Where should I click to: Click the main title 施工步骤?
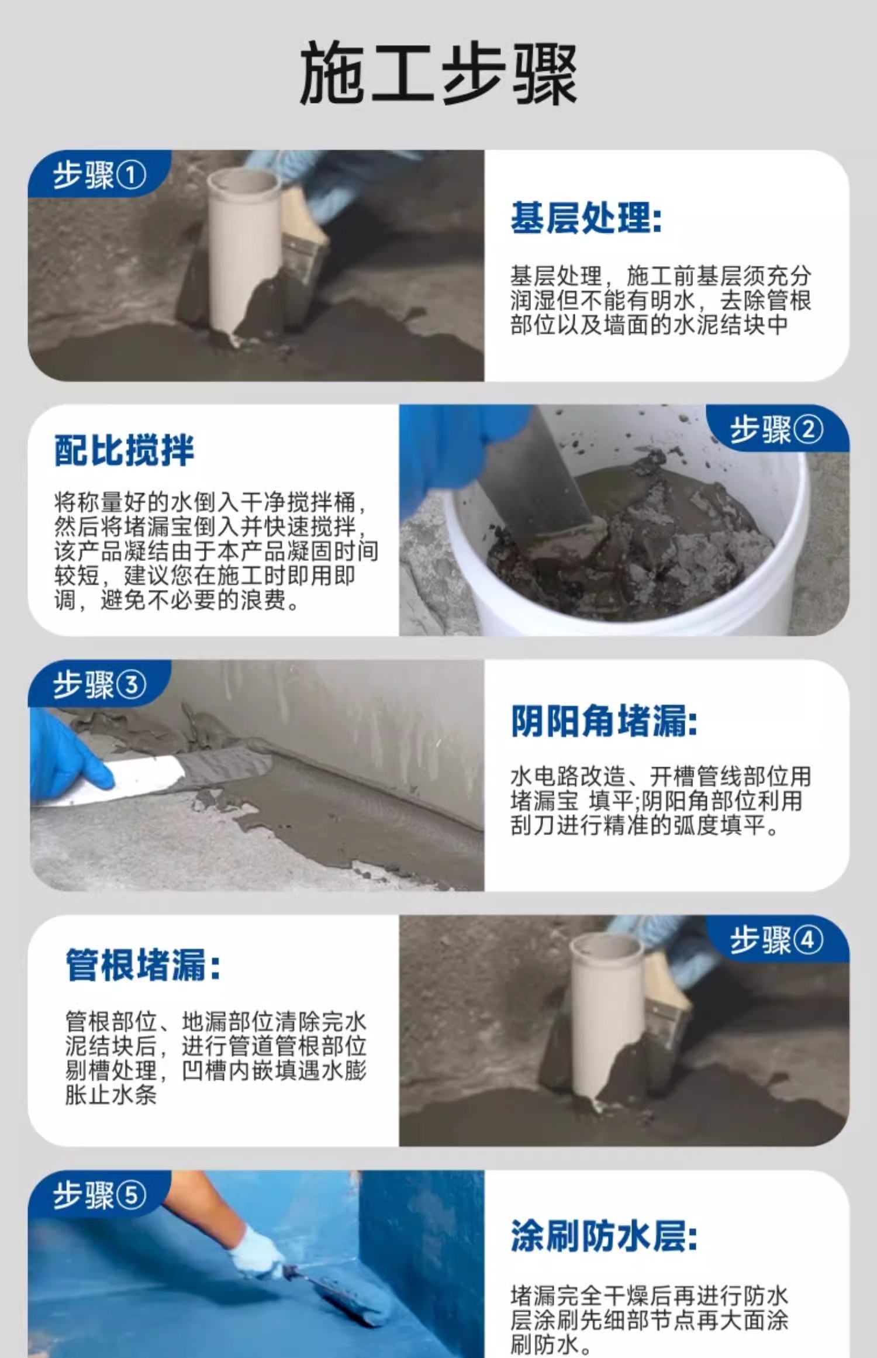point(438,74)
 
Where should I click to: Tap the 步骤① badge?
point(99,174)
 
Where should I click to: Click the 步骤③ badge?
point(99,684)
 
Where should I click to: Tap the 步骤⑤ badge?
point(99,1194)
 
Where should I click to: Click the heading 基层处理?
point(586,218)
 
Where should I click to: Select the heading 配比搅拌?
point(124,450)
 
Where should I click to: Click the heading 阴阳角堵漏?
point(604,721)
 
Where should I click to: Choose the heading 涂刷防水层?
point(604,1236)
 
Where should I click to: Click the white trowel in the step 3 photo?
point(146,778)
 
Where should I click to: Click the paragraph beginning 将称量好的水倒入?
point(216,551)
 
